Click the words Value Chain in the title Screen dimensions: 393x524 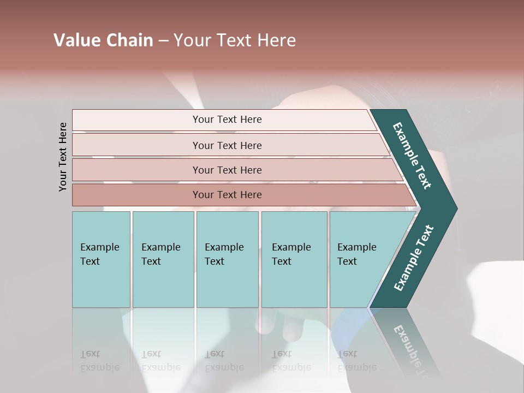(103, 40)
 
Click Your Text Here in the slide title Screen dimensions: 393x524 (235, 40)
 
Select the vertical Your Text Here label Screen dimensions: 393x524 (63, 157)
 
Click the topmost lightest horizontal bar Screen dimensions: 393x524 (227, 120)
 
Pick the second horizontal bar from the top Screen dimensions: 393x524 (227, 145)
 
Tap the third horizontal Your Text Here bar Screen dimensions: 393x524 (227, 170)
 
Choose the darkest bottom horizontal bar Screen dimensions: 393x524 (227, 195)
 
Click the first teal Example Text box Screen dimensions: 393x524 (101, 259)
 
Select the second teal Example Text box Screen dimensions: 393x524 (163, 259)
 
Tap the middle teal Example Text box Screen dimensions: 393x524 (227, 259)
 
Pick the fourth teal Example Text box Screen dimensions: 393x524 (294, 259)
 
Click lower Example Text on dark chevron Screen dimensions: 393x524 (414, 258)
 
